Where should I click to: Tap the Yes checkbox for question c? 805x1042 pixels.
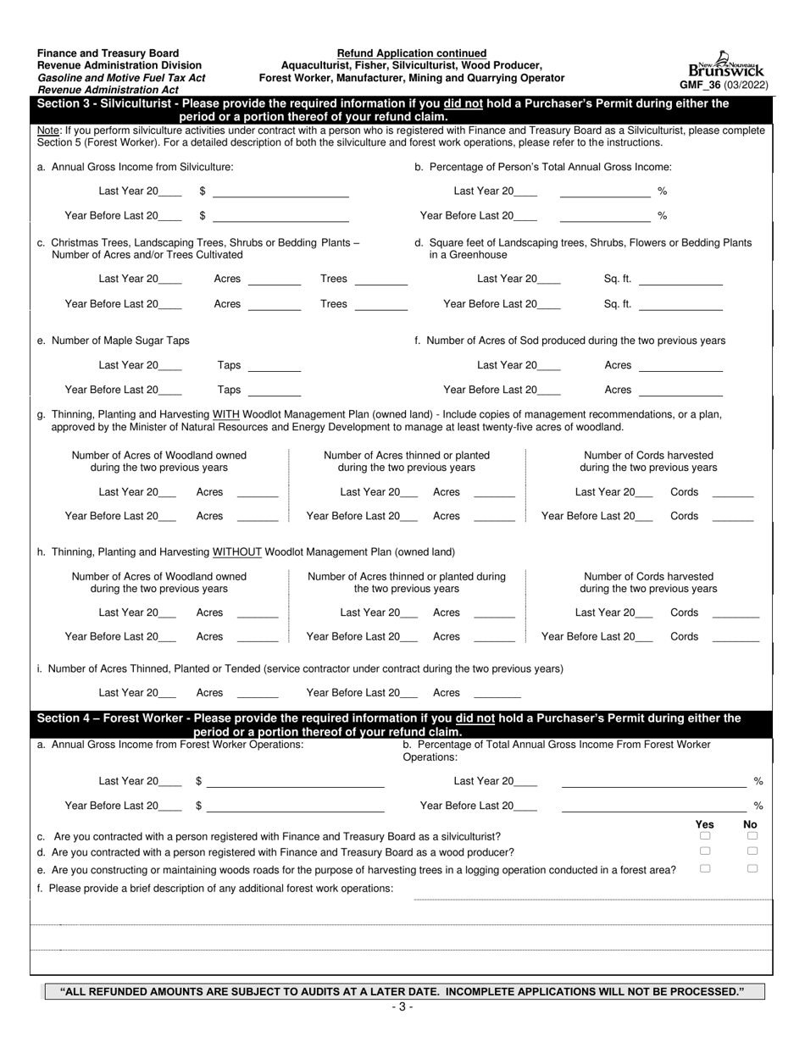pyautogui.click(x=705, y=836)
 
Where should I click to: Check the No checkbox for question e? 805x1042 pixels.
pyautogui.click(x=752, y=868)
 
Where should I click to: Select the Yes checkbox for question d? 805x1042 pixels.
pyautogui.click(x=705, y=851)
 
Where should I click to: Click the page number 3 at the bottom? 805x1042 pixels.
pyautogui.click(x=402, y=1007)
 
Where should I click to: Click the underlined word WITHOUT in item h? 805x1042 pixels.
pyautogui.click(x=237, y=552)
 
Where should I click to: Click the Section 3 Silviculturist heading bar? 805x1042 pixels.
pyautogui.click(x=402, y=110)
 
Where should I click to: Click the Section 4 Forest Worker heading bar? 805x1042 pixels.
pyautogui.click(x=402, y=724)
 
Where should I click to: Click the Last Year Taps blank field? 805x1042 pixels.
pyautogui.click(x=274, y=366)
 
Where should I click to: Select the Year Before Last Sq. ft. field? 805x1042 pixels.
pyautogui.click(x=680, y=304)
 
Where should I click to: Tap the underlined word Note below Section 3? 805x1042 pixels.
pyautogui.click(x=48, y=130)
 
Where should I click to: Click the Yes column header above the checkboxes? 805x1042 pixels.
pyautogui.click(x=704, y=824)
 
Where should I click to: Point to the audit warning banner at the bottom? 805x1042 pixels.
pyautogui.click(x=404, y=991)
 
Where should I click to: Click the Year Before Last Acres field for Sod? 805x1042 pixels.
pyautogui.click(x=680, y=391)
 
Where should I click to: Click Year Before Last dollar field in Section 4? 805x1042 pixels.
pyautogui.click(x=295, y=806)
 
